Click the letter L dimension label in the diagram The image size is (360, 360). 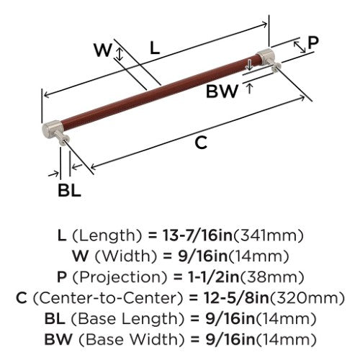(155, 48)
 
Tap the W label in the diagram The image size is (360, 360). (103, 50)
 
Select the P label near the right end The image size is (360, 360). (313, 42)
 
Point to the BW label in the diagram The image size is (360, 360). (222, 91)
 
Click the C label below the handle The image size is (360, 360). (201, 143)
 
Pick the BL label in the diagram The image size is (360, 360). (69, 190)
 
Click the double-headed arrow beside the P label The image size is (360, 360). (300, 47)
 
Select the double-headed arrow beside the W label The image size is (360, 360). (120, 54)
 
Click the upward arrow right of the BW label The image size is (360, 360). (250, 88)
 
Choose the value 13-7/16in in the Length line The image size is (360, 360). (198, 235)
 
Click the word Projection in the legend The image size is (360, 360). (120, 277)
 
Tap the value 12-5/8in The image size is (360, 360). (236, 297)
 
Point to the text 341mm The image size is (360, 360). (269, 235)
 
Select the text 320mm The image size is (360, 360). (307, 297)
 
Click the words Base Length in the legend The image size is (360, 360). (128, 319)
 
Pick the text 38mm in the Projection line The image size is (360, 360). (271, 277)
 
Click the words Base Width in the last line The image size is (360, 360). (132, 339)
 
